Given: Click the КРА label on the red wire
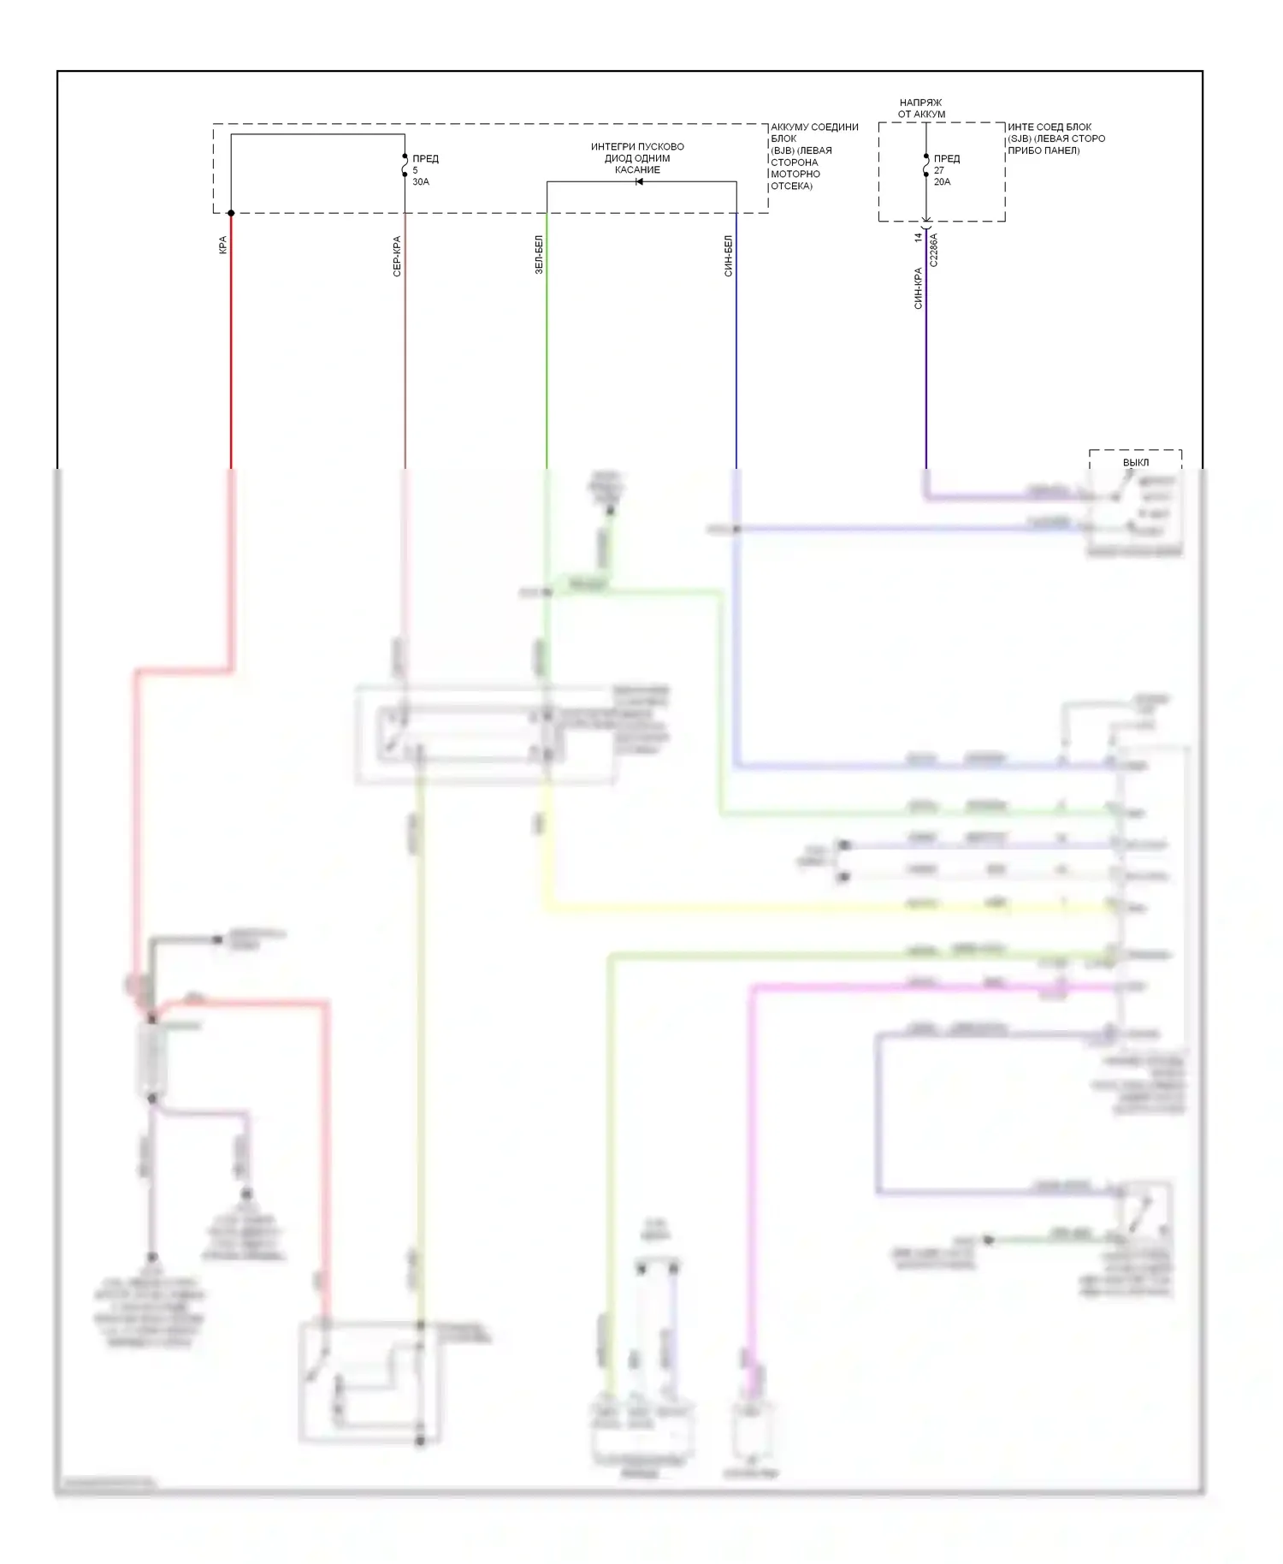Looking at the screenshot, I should click(223, 246).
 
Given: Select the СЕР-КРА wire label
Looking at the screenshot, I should click(397, 256).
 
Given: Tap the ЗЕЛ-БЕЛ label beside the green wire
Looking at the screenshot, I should click(539, 254).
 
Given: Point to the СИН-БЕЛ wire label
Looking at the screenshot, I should click(729, 256).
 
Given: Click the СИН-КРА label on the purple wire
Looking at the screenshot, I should click(918, 288).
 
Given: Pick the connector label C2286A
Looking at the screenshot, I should click(934, 250).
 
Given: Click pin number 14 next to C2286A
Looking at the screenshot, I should click(919, 237).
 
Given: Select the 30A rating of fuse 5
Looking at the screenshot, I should click(421, 182).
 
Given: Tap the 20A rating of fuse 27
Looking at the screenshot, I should click(942, 182).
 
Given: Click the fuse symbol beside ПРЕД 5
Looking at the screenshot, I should click(405, 165).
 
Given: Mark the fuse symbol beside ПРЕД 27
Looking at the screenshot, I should click(926, 165).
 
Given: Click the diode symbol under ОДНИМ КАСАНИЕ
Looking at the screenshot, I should click(639, 181).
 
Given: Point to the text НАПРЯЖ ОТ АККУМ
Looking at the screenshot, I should click(921, 108).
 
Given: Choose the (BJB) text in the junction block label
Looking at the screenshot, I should click(783, 151).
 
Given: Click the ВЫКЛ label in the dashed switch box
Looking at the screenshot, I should click(1136, 463).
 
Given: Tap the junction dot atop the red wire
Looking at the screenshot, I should click(231, 213).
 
